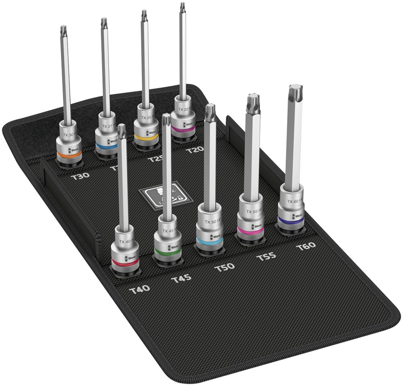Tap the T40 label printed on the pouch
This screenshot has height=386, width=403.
pos(139,288)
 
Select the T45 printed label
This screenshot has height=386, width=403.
pos(181,278)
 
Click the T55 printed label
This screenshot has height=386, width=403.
pos(266,257)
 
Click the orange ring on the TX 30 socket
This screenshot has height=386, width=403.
pos(68,154)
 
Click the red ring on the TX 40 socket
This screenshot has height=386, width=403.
pos(125,262)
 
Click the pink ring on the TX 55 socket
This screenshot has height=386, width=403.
pos(250,230)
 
